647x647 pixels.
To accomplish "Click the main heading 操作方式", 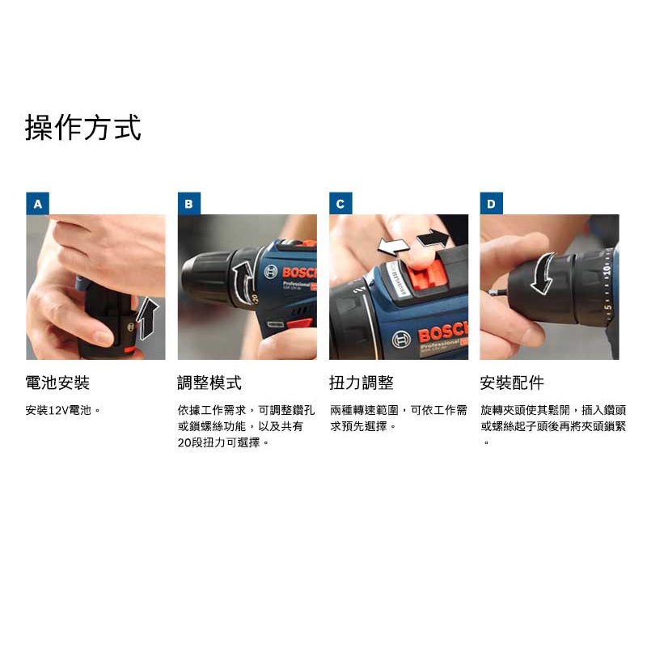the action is (83, 128).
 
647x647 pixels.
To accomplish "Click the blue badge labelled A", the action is (37, 204).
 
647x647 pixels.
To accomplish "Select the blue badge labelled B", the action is (189, 204).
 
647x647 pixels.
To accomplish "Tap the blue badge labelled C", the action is (340, 204).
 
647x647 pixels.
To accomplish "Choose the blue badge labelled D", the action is (491, 204).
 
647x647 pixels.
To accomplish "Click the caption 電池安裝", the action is (57, 383).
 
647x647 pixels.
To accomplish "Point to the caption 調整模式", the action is (209, 383).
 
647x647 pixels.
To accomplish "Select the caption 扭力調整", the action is (361, 383).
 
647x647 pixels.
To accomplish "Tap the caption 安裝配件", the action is (512, 383).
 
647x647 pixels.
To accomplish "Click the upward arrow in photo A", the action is (147, 319).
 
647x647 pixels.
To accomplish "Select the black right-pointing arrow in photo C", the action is (433, 238).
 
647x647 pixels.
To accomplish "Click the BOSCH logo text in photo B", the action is (299, 273).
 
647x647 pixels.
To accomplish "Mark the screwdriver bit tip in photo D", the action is (490, 293).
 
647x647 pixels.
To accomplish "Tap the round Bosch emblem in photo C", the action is (400, 339).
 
